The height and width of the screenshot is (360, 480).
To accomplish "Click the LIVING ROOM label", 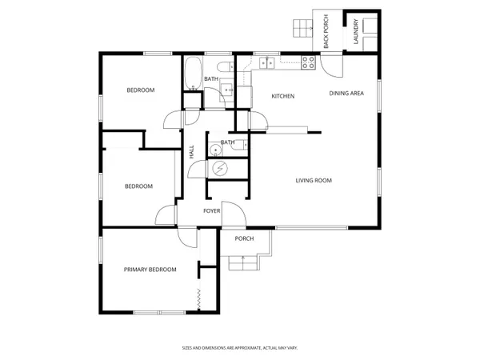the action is point(314,181).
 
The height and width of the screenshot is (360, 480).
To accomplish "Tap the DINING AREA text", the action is point(346,94).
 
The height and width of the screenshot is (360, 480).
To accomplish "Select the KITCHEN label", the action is point(283,97).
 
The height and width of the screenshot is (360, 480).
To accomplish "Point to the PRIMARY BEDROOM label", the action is point(150,270).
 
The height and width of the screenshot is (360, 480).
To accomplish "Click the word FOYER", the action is point(212,211).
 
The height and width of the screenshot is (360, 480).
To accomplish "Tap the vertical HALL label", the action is point(192,152).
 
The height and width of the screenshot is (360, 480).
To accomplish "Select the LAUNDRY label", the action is point(356,31).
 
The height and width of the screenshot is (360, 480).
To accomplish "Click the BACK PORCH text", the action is point(326,31).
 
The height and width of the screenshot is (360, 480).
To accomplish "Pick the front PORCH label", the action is point(244,238).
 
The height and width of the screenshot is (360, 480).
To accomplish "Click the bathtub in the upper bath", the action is point(193,74).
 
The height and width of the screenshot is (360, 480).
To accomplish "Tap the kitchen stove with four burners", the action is point(308,62).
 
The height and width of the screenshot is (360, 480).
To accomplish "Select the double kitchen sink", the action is point(267,63).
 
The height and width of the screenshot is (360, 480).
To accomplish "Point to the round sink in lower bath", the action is point(216,150).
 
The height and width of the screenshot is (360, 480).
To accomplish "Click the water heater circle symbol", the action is point(220,168).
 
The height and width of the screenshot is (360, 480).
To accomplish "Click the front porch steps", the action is point(244,263).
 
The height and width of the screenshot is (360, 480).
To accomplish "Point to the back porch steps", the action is point(302,28).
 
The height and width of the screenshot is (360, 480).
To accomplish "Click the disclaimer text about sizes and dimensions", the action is point(240,348).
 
